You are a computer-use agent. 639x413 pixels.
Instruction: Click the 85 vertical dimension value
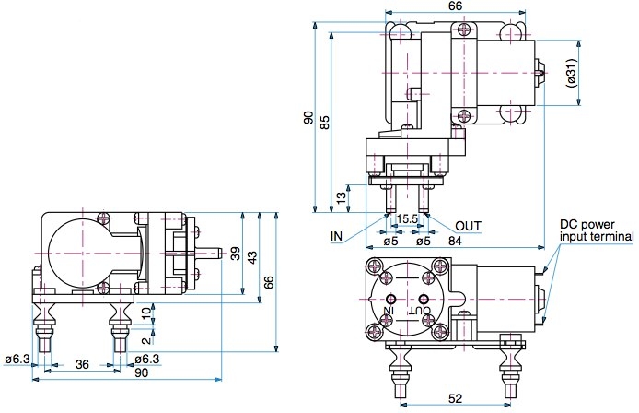[x=324, y=122]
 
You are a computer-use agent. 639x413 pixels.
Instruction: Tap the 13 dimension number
[x=341, y=196]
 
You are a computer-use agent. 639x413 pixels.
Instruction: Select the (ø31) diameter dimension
[x=571, y=73]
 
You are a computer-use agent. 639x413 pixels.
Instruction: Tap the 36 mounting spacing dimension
[x=82, y=365]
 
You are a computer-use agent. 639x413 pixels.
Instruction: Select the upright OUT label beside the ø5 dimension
[x=468, y=226]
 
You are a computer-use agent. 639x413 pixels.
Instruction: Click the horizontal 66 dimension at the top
[x=455, y=7]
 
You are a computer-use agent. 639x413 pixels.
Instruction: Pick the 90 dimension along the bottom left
[x=142, y=372]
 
